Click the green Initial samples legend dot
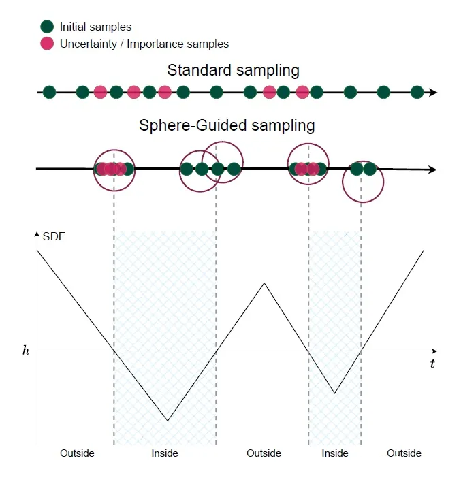(x=47, y=27)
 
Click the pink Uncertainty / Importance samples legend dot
(x=47, y=44)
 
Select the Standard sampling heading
(x=233, y=70)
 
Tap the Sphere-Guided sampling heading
(x=227, y=125)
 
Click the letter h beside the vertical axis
(x=26, y=351)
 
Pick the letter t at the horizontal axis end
(x=432, y=364)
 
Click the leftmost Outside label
(x=77, y=453)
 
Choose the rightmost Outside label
(x=404, y=453)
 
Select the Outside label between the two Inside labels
(x=264, y=453)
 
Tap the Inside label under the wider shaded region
(x=165, y=453)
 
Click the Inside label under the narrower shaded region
(x=334, y=453)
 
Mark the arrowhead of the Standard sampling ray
(x=434, y=92)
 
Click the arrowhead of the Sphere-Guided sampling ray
(x=433, y=170)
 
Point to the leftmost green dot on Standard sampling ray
(x=49, y=92)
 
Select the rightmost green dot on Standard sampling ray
(x=417, y=92)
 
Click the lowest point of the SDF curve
(x=168, y=421)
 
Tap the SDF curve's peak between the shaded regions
(x=264, y=283)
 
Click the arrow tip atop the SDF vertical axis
(x=37, y=235)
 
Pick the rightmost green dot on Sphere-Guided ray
(x=370, y=169)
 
